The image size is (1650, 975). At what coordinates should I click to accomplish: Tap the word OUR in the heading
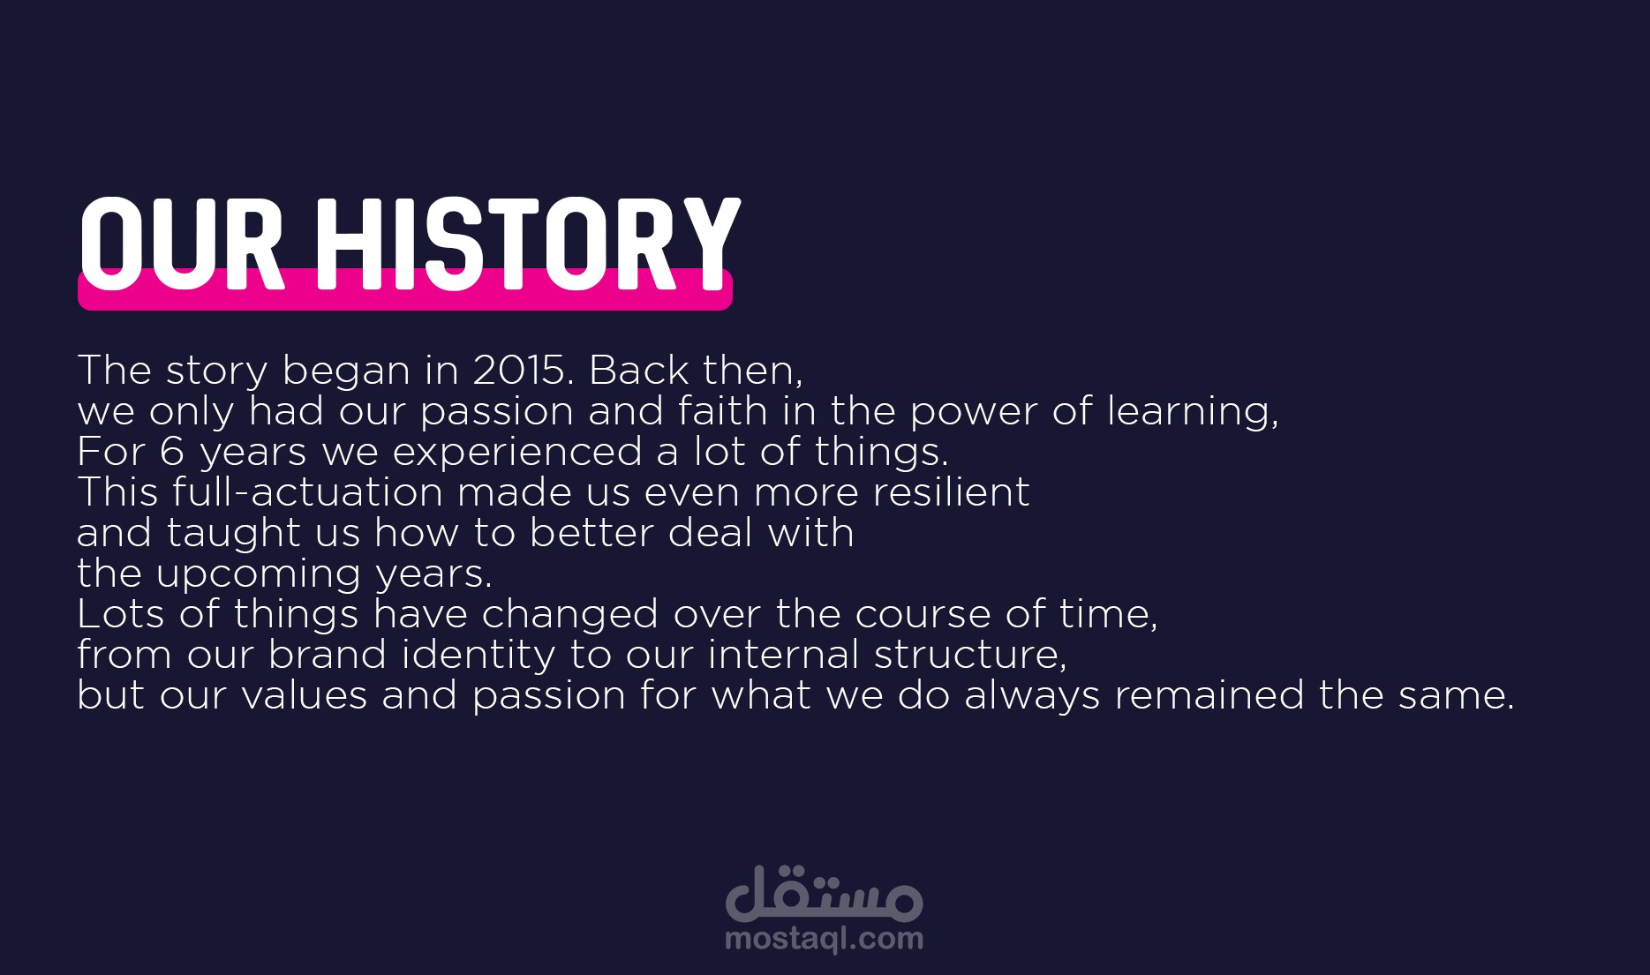point(182,244)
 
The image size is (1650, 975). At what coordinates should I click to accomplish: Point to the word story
point(216,372)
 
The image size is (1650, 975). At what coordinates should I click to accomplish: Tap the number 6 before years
point(172,452)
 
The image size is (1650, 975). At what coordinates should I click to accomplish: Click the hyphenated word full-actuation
point(307,492)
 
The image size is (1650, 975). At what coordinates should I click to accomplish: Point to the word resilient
point(951,492)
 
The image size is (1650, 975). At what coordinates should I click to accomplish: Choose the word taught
point(233,535)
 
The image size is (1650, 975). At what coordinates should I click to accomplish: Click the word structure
point(969,656)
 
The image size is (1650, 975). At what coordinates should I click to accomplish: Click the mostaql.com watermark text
point(824,939)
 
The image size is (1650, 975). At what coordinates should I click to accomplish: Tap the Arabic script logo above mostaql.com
point(824,893)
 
